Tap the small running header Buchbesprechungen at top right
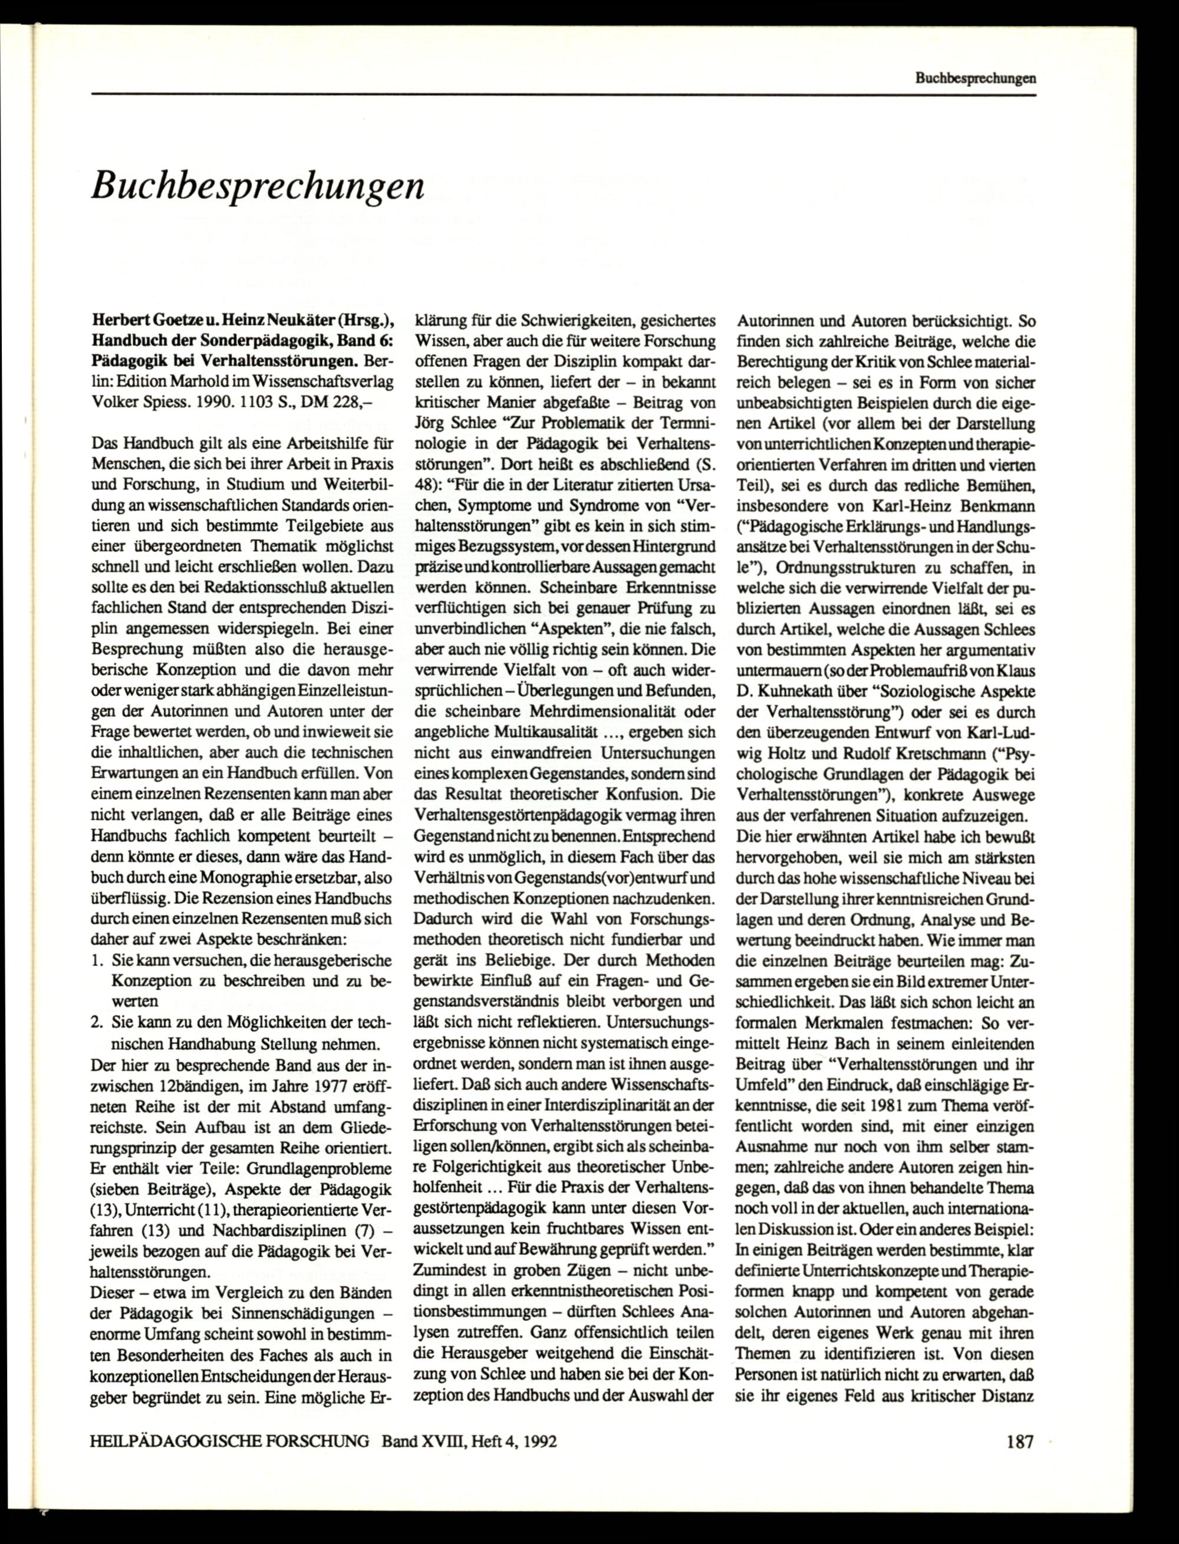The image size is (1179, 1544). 975,80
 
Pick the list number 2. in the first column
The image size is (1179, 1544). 97,1022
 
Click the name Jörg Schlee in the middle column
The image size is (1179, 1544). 458,424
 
